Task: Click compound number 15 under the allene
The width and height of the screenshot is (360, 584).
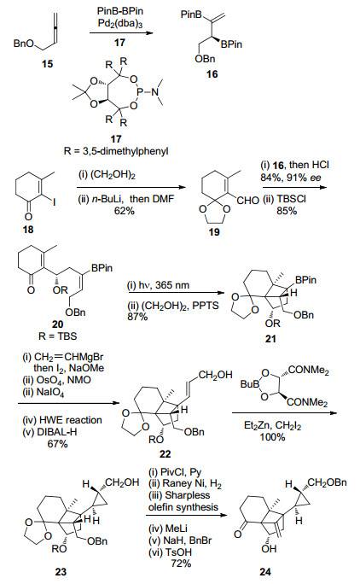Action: point(47,64)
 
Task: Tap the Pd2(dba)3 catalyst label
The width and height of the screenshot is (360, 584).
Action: point(120,23)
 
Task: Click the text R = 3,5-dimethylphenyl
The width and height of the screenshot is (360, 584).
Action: point(116,152)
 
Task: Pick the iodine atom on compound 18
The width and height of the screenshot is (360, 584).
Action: point(55,202)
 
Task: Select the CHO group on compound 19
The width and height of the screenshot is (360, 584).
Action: point(248,201)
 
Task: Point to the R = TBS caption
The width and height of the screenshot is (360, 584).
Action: point(58,336)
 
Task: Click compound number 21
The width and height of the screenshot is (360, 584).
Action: point(270,339)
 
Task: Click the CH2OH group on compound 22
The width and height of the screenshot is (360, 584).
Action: point(215,375)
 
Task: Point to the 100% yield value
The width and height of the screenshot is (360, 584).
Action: point(272,436)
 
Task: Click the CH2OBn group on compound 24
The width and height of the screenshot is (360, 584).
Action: point(328,483)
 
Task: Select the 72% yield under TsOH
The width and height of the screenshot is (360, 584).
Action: point(182,564)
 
